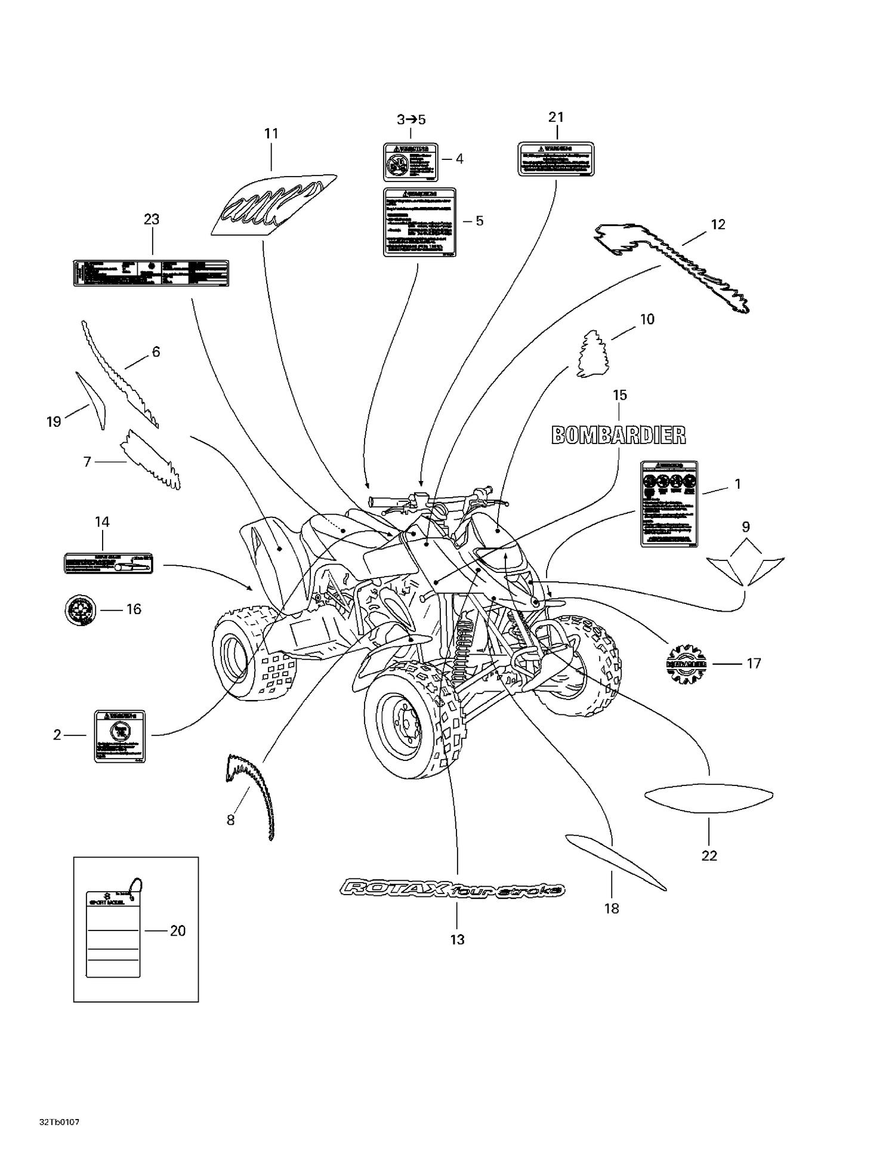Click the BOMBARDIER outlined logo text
click(x=618, y=435)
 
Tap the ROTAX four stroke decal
click(x=452, y=890)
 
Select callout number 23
click(x=152, y=220)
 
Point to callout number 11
click(x=271, y=134)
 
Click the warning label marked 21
click(x=555, y=159)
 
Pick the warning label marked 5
click(x=419, y=222)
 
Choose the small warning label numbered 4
click(x=411, y=162)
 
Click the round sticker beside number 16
click(x=80, y=610)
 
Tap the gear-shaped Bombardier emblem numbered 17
click(x=686, y=663)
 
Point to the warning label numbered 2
click(x=120, y=736)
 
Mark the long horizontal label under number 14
click(x=109, y=563)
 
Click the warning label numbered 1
click(x=669, y=504)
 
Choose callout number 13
click(x=457, y=940)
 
